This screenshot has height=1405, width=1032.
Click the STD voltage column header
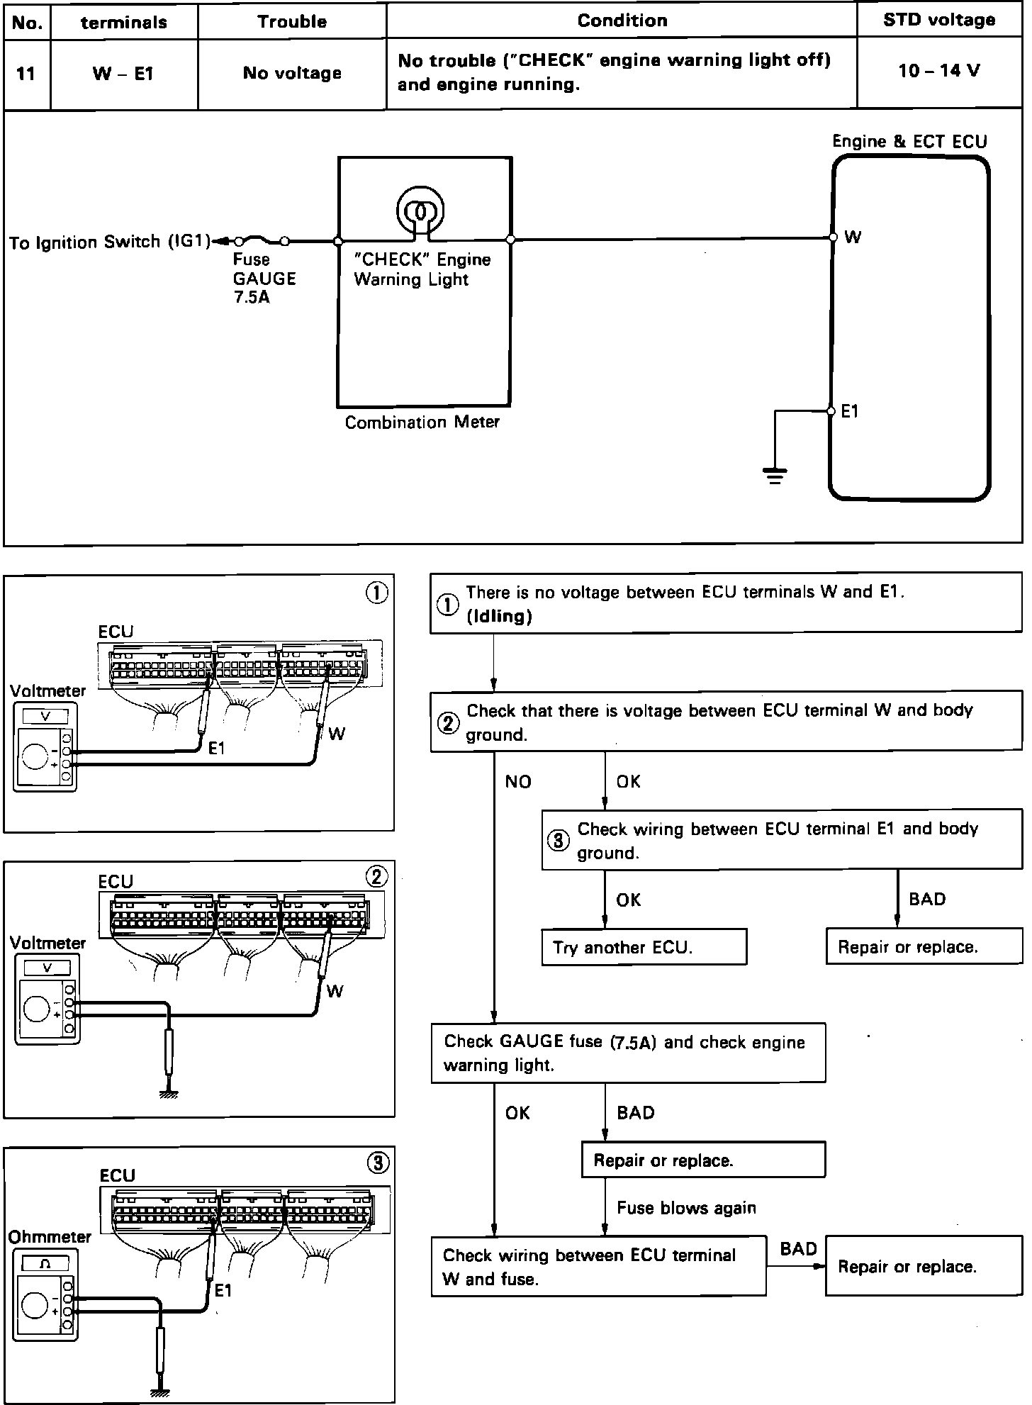tap(939, 20)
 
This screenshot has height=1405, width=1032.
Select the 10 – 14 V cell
tap(939, 71)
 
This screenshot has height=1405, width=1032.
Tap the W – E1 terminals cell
tap(123, 73)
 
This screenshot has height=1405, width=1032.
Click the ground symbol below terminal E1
tap(775, 474)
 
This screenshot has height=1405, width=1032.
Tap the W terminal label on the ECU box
tap(853, 237)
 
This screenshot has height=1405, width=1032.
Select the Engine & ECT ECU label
tap(909, 141)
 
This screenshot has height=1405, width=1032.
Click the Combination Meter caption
tap(422, 422)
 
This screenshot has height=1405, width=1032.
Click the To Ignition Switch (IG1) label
tap(110, 242)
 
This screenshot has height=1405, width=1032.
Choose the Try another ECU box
tap(644, 948)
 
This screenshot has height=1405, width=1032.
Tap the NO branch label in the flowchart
tap(518, 781)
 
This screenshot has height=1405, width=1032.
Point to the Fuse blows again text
tap(686, 1207)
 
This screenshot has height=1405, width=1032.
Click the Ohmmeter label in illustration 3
tap(50, 1236)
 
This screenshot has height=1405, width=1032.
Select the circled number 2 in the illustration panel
tap(376, 877)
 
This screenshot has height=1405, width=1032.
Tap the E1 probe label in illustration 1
tap(216, 748)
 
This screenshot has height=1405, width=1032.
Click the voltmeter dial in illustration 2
tap(35, 1008)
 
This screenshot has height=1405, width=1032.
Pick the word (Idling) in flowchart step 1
tap(500, 616)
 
